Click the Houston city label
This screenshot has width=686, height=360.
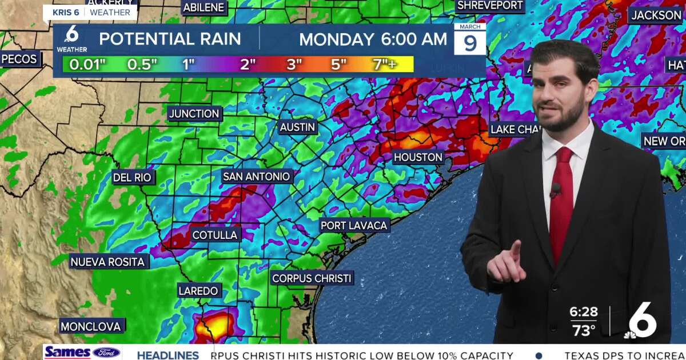(x=418, y=157)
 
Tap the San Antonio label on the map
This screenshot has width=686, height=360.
(x=257, y=177)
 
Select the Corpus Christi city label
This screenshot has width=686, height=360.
(x=312, y=278)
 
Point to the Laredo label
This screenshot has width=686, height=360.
(x=198, y=291)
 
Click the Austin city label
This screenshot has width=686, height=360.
(x=297, y=127)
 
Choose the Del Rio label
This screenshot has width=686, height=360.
(x=132, y=178)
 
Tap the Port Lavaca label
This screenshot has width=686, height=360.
(x=354, y=226)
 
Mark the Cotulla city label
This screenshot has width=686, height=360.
(x=214, y=235)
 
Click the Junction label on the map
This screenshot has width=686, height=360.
(x=194, y=114)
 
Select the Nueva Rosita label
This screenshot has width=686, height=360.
(x=108, y=262)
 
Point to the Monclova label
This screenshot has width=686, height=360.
(x=91, y=327)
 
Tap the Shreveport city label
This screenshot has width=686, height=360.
(x=490, y=6)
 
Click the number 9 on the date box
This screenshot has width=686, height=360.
(x=470, y=43)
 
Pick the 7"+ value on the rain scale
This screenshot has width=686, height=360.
(x=384, y=65)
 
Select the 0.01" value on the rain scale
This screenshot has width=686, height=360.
(x=87, y=65)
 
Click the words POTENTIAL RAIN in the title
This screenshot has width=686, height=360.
(x=170, y=39)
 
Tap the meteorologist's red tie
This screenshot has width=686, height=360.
(x=561, y=200)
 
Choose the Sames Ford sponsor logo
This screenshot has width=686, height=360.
(x=82, y=353)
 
